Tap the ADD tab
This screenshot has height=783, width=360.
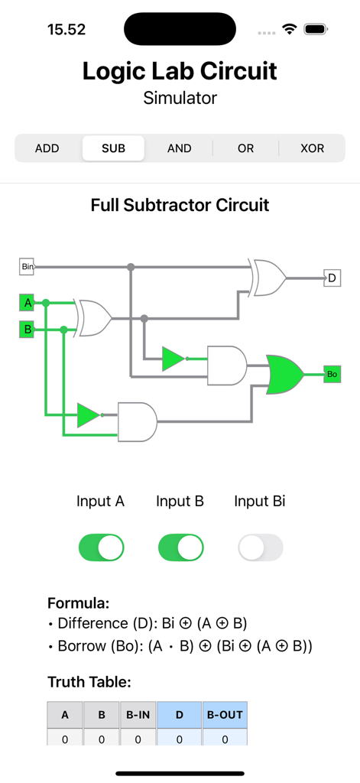(47, 148)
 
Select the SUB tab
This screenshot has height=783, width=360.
(113, 148)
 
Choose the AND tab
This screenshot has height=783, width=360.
(180, 148)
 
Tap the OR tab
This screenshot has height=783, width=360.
(245, 148)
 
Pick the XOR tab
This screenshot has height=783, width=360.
(312, 148)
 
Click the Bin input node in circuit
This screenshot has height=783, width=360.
(27, 267)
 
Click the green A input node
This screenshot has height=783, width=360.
(27, 304)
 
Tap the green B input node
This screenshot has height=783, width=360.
(27, 330)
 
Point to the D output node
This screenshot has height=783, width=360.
(332, 278)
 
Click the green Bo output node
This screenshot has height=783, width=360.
(332, 375)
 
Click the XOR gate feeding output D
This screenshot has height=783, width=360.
(268, 277)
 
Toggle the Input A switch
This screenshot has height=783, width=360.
(102, 547)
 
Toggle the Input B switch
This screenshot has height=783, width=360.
(181, 547)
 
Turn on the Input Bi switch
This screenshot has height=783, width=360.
(260, 547)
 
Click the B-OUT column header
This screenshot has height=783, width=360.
(225, 716)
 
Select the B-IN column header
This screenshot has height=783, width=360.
(138, 716)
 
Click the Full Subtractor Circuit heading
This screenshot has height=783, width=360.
(180, 205)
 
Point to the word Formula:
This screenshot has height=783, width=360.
(77, 602)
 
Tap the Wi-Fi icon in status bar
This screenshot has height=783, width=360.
(290, 30)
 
